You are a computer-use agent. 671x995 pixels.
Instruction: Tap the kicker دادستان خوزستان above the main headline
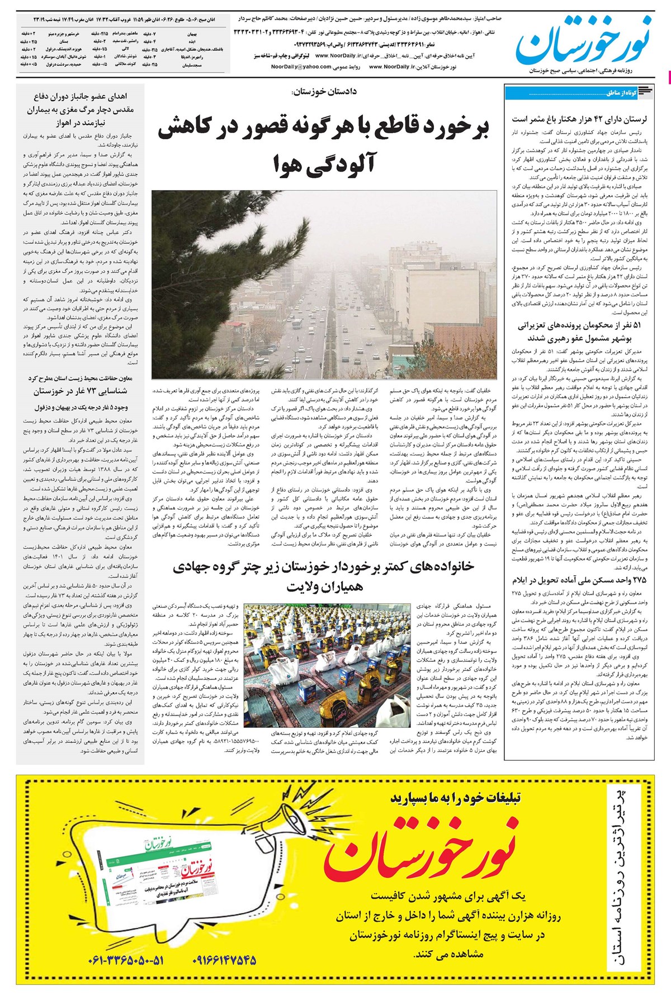(x=324, y=91)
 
